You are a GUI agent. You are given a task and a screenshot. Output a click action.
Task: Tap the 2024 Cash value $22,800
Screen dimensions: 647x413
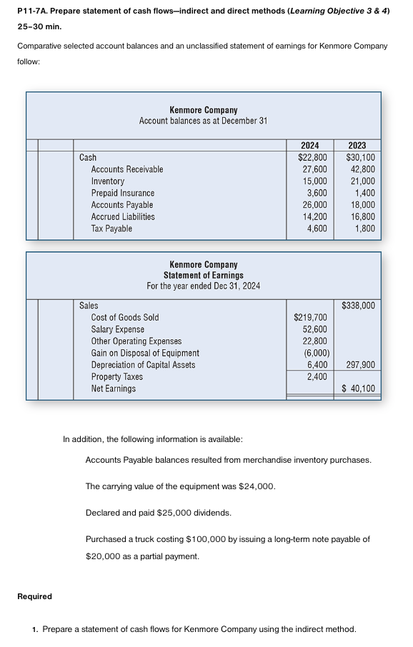click(312, 157)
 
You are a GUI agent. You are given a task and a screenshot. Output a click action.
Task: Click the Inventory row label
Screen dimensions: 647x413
click(107, 181)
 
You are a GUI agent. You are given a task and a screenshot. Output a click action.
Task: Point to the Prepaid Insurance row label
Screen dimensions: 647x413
click(122, 193)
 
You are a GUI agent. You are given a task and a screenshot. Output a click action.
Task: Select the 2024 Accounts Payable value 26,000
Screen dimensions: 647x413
click(315, 205)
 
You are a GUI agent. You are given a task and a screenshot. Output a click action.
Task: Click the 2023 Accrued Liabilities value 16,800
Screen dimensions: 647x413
click(361, 216)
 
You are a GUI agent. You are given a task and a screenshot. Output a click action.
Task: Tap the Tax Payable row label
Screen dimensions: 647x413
click(111, 229)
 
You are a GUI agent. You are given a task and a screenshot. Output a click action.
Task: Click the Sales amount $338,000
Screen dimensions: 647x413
click(359, 306)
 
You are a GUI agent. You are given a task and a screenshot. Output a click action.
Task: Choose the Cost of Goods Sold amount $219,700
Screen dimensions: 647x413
click(311, 317)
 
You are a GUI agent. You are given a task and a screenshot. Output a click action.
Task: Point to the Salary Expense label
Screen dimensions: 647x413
click(117, 329)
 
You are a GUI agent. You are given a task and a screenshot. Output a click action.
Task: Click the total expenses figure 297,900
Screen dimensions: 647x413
click(361, 365)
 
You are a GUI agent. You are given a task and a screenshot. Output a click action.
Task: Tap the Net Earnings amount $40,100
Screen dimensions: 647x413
click(359, 389)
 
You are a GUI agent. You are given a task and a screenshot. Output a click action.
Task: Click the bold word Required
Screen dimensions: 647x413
click(34, 596)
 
